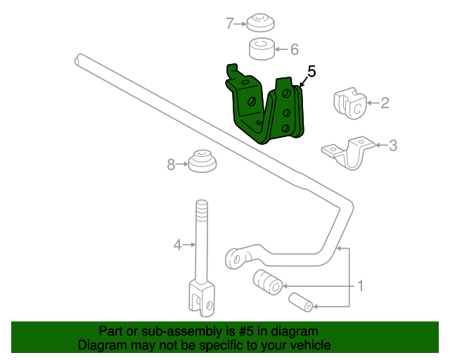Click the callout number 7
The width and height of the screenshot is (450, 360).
point(230,23)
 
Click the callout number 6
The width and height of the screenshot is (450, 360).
point(295,49)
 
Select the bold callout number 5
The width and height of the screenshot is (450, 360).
point(311,71)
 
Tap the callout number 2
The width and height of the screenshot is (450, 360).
point(385,103)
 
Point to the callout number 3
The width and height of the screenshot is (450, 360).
point(393,146)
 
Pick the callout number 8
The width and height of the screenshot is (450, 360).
point(171,165)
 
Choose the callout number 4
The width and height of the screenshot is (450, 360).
point(177,245)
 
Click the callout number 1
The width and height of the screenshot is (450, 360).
point(360,286)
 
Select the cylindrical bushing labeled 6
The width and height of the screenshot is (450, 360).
point(262,50)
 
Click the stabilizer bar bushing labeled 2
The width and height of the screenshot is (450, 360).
point(349,104)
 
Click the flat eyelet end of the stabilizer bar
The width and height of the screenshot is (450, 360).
point(239,257)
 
